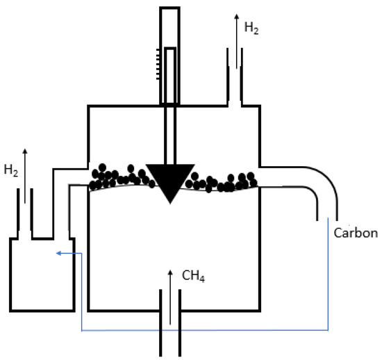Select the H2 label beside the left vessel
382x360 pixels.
12,169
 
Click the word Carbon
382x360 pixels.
356,232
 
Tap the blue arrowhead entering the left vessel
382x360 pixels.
60,253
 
